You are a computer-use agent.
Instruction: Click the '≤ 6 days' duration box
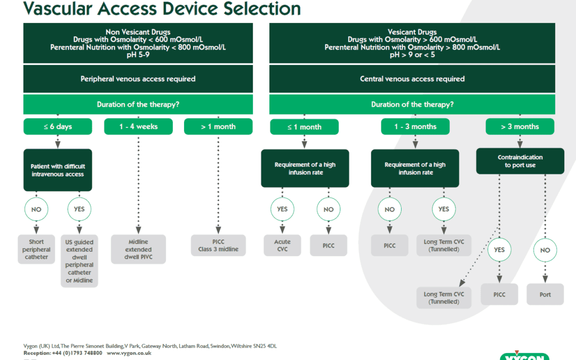click(58, 126)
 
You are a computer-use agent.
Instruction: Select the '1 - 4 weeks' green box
click(138, 126)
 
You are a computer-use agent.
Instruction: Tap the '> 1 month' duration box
click(218, 126)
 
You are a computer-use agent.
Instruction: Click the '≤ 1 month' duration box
click(304, 127)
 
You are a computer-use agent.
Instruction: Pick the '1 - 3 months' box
click(415, 126)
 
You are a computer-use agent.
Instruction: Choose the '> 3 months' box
click(519, 126)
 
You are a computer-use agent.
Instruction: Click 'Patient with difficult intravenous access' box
click(58, 170)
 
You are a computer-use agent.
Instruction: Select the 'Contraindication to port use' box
click(520, 161)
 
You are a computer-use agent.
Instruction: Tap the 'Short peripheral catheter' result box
click(36, 249)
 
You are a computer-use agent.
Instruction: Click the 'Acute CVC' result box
click(282, 245)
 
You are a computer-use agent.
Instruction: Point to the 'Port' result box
click(545, 294)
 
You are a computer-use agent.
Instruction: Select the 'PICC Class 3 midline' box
click(218, 245)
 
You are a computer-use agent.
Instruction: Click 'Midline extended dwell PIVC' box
click(138, 249)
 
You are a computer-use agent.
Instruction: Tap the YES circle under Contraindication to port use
click(499, 250)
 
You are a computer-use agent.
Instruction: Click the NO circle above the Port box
click(545, 250)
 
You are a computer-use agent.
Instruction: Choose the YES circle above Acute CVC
click(282, 209)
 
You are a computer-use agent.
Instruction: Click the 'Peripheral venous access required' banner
click(138, 79)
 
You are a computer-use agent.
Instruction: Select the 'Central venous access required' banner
click(412, 79)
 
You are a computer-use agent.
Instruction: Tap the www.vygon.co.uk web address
click(129, 353)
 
